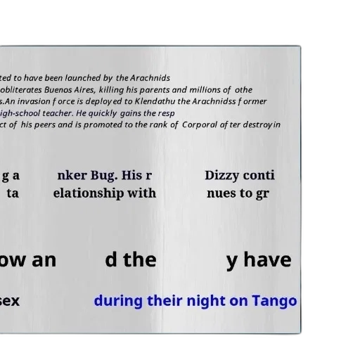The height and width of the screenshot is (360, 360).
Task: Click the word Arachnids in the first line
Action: (x=150, y=78)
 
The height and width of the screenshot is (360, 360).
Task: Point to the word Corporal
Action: (x=200, y=125)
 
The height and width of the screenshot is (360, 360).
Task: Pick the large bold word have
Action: (x=267, y=260)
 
